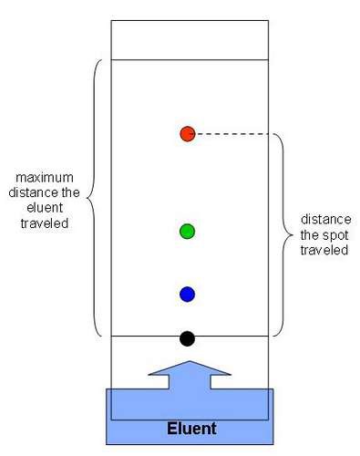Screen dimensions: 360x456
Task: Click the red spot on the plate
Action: click(187, 134)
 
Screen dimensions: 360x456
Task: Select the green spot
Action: click(187, 231)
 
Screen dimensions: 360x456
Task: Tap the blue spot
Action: click(187, 294)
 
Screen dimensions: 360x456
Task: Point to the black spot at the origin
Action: click(187, 338)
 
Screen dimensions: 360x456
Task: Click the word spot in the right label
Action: click(324, 234)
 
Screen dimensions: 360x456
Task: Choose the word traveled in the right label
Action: click(325, 249)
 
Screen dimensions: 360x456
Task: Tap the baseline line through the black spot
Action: click(137, 337)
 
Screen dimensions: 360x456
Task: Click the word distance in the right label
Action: click(324, 220)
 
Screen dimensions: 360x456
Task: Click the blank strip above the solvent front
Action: click(189, 39)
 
